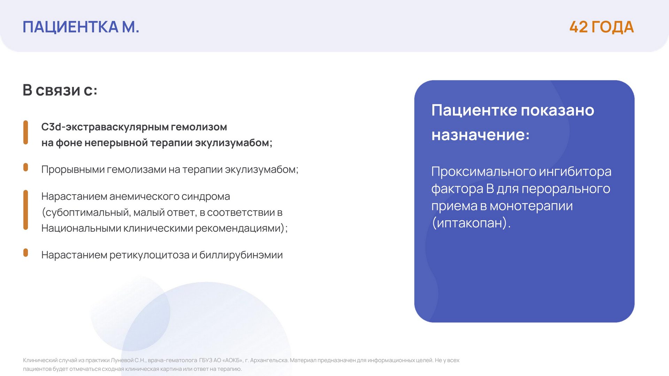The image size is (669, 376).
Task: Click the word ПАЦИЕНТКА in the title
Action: (x=70, y=27)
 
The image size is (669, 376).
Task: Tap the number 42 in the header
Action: (x=579, y=27)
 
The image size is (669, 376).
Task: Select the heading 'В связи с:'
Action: (x=60, y=90)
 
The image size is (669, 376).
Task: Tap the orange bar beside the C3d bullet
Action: (x=25, y=132)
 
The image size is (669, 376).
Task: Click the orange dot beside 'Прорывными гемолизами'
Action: (x=25, y=167)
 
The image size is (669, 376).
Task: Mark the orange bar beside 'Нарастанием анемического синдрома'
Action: (x=25, y=210)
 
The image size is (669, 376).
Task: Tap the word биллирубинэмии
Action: (x=241, y=255)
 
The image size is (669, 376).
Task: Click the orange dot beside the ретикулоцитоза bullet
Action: (x=25, y=252)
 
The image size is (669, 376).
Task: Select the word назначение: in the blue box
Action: (x=480, y=135)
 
